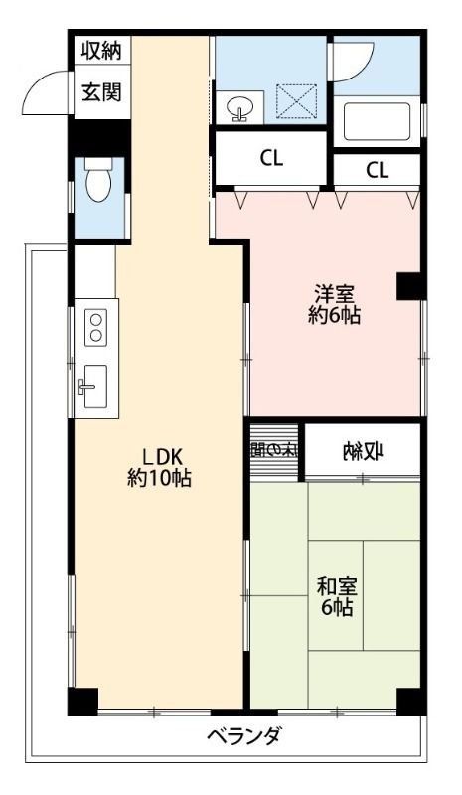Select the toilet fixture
click(x=98, y=184)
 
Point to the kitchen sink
click(x=93, y=385)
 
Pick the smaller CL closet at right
click(x=377, y=170)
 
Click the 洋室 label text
click(x=334, y=294)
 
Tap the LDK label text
click(x=159, y=457)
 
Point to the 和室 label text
click(x=336, y=586)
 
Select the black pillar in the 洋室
click(x=409, y=286)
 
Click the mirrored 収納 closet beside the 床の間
click(x=363, y=452)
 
